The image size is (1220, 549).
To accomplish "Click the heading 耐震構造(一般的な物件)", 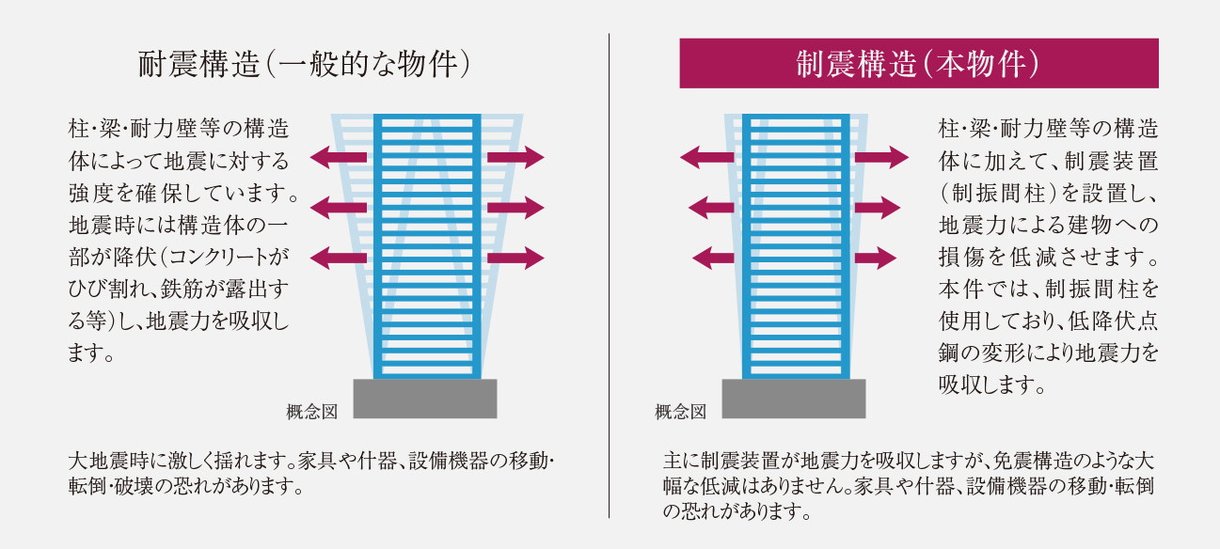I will click(303, 65).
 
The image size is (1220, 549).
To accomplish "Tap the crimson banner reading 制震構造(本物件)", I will click(918, 64).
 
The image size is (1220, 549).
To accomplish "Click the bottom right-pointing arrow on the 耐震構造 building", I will click(516, 257).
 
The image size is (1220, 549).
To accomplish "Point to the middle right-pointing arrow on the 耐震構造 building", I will click(516, 207).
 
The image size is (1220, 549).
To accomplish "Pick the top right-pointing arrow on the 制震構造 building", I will click(881, 157).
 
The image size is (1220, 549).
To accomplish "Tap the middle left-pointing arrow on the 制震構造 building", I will click(711, 207).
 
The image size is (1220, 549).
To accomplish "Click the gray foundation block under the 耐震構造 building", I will click(424, 399).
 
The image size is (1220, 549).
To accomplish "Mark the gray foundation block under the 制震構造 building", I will click(793, 399).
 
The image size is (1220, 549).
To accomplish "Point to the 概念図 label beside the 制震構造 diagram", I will click(680, 411).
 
